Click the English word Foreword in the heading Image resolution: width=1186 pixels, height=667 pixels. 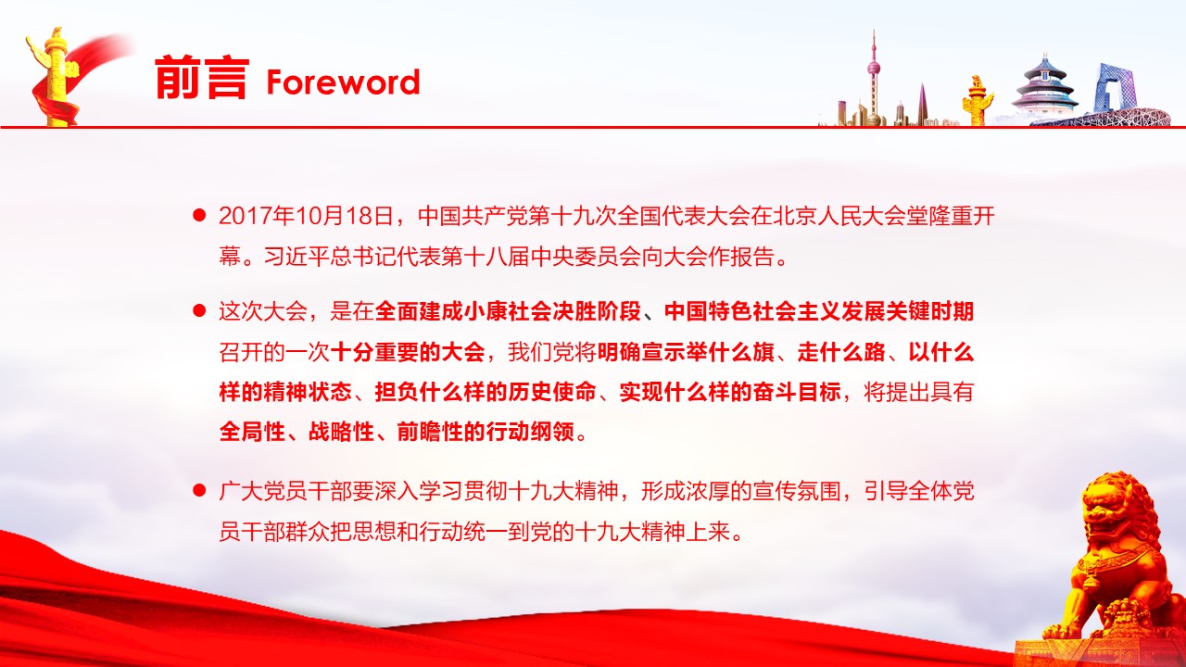343,82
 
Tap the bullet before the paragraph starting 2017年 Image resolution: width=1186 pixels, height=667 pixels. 199,216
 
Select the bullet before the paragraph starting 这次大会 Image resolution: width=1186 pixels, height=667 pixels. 199,310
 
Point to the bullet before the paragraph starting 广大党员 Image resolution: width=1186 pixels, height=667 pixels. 199,491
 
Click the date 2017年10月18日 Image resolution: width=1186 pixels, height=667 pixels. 306,216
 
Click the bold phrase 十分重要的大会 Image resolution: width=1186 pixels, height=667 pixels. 408,352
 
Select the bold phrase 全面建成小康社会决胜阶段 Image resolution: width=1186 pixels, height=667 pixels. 508,311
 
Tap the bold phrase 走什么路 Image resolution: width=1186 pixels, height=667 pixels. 841,352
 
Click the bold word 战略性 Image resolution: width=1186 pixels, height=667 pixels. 342,432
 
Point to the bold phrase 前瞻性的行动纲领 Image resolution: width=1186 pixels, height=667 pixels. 486,432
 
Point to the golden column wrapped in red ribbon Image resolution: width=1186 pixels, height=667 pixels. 55,77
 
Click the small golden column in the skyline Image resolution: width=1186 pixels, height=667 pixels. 977,101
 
